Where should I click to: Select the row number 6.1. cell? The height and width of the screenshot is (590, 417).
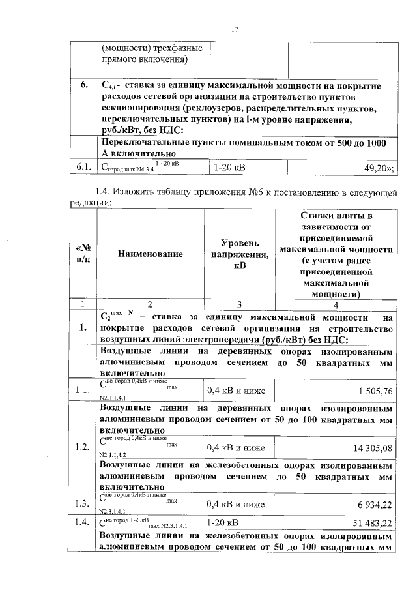(82, 168)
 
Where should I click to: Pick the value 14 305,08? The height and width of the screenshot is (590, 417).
(367, 448)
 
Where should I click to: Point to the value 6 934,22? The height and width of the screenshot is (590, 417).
(369, 505)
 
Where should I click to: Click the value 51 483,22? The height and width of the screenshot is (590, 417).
(367, 523)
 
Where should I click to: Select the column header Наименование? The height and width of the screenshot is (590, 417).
(151, 254)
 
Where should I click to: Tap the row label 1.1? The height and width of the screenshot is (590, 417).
(82, 391)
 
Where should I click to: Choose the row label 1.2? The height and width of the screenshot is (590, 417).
(82, 448)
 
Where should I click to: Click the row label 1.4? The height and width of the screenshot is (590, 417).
(82, 523)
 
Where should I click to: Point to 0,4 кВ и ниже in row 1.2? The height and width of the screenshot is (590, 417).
(236, 448)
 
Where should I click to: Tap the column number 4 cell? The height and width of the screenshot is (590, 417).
(336, 304)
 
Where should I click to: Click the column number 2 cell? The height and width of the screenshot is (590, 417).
(151, 304)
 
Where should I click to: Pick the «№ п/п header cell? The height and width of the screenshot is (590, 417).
(83, 254)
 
